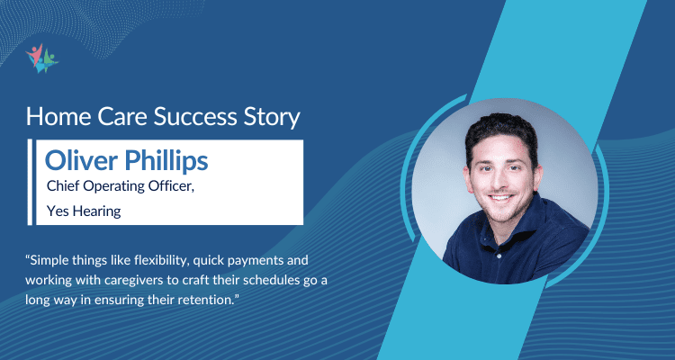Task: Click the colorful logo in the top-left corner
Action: pyautogui.click(x=41, y=57)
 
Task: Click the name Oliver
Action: pyautogui.click(x=82, y=161)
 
